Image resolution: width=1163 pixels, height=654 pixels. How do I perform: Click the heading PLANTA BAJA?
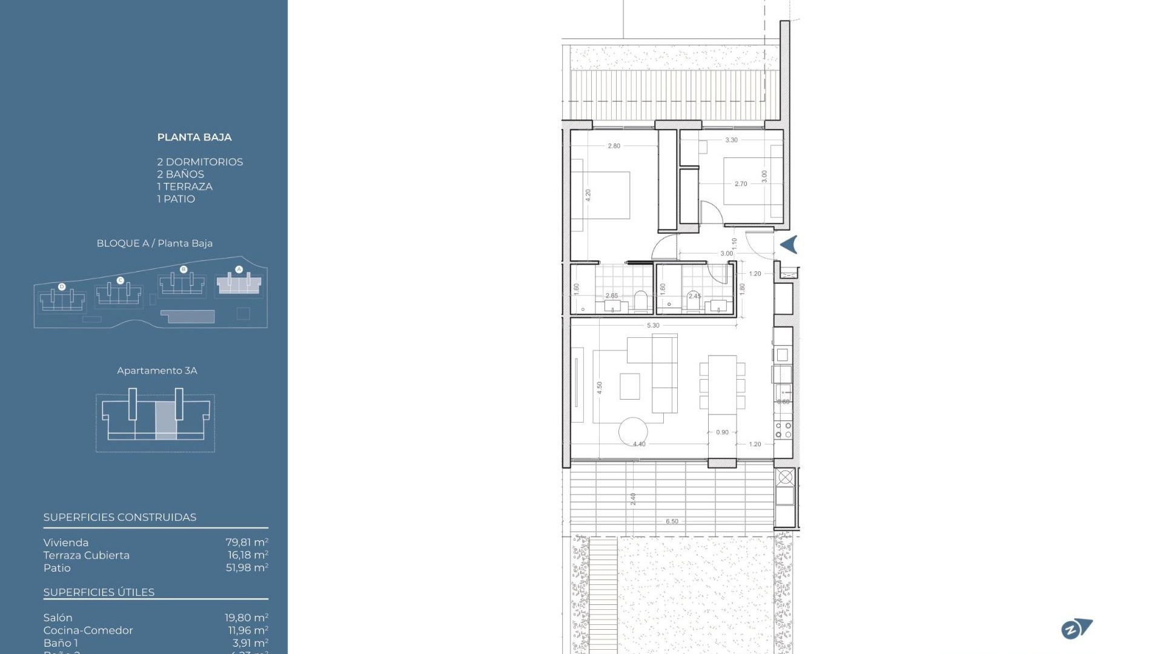194,137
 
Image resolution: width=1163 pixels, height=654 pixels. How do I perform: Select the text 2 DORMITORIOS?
200,162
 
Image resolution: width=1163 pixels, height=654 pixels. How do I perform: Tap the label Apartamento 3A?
157,371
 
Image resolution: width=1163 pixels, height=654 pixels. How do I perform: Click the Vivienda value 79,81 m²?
247,543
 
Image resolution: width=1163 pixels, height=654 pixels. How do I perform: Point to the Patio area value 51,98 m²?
247,568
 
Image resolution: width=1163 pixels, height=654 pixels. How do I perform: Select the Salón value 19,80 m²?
246,618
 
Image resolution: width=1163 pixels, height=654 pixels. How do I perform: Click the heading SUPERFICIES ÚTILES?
99,592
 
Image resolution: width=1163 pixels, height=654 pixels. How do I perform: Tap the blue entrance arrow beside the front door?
788,245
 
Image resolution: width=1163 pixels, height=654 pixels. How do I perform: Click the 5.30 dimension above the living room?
653,326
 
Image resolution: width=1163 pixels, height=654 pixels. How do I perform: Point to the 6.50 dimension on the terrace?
672,521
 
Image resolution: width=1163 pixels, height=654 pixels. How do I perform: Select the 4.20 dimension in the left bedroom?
588,195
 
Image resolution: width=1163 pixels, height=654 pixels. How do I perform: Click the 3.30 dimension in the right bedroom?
731,140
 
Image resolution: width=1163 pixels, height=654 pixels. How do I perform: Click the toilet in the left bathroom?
640,301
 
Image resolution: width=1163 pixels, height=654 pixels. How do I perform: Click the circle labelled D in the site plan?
62,286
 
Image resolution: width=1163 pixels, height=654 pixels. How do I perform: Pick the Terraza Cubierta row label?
87,555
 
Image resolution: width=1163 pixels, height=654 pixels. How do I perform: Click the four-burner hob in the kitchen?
783,430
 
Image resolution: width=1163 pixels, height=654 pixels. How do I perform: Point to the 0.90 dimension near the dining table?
722,432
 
